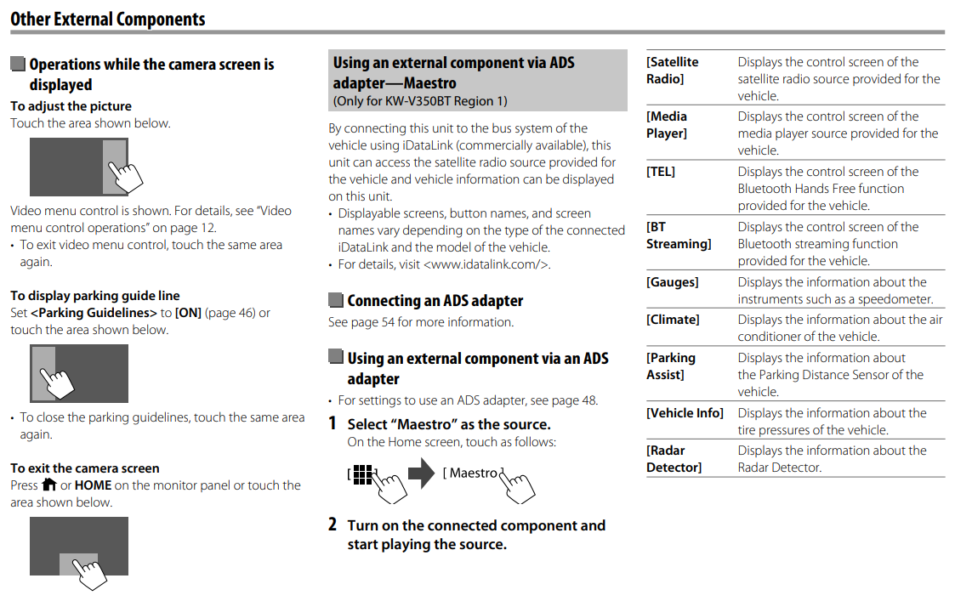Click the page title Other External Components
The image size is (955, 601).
tap(108, 18)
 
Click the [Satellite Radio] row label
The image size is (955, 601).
tap(672, 71)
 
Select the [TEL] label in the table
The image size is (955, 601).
tap(661, 172)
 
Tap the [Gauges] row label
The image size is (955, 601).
tap(672, 282)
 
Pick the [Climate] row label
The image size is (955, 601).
tap(673, 320)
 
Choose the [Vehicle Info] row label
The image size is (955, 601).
tap(685, 413)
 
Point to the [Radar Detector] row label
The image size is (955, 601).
tap(674, 459)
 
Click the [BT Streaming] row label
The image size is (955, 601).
tap(678, 235)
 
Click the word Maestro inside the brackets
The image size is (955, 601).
tap(473, 473)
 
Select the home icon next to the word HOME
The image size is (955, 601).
tap(48, 485)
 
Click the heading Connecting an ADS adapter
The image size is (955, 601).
tap(435, 301)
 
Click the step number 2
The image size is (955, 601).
tap(333, 524)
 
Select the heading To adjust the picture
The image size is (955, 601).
tap(71, 106)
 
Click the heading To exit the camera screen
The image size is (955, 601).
tap(84, 468)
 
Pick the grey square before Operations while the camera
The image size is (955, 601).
tap(18, 65)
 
